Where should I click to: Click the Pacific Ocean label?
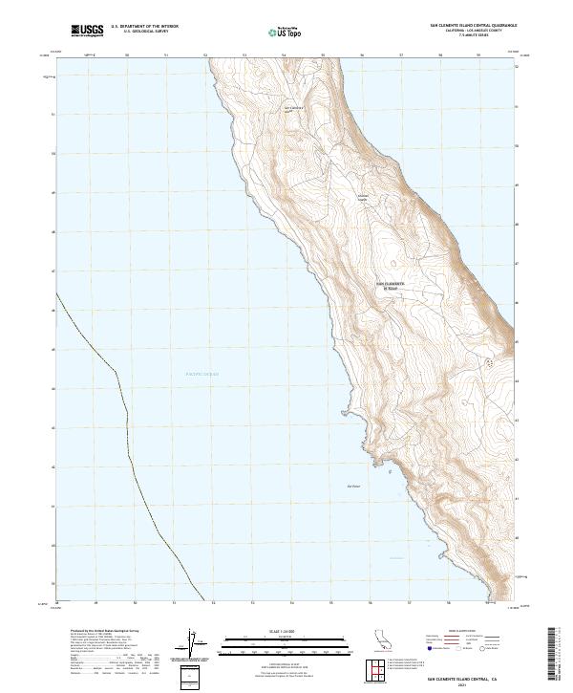(x=202, y=374)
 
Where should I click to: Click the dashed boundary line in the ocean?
(x=124, y=411)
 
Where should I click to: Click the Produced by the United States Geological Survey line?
(x=91, y=632)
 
